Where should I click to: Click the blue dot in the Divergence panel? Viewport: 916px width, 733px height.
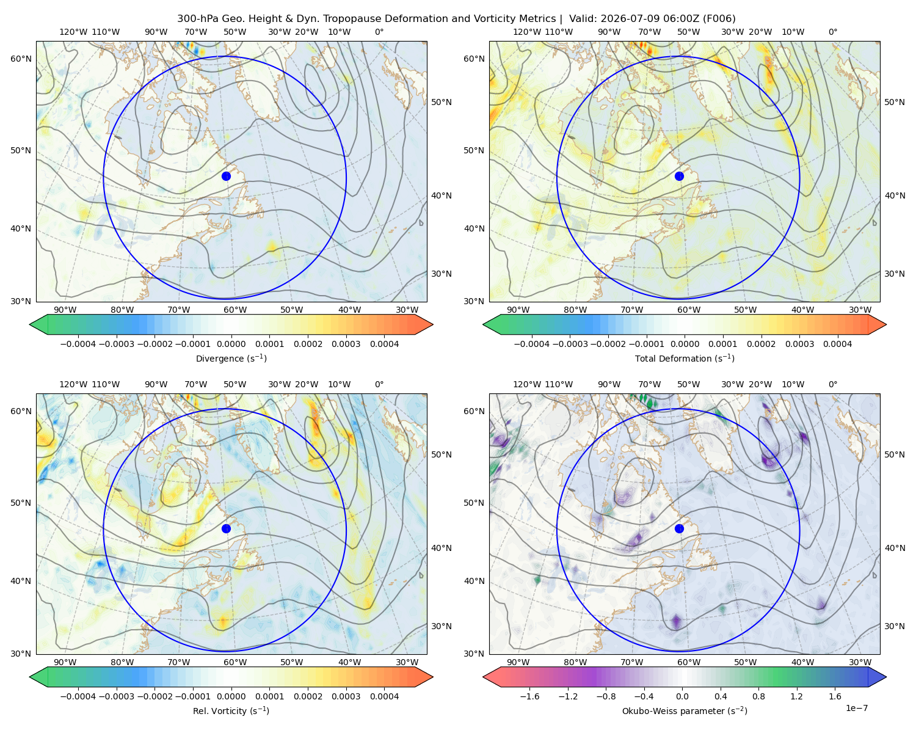pyautogui.click(x=226, y=176)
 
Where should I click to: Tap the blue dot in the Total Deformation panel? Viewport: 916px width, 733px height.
pyautogui.click(x=679, y=176)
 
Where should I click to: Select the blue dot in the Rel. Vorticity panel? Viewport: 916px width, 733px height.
pyautogui.click(x=226, y=528)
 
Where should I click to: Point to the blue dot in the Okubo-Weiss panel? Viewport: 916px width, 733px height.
pyautogui.click(x=679, y=528)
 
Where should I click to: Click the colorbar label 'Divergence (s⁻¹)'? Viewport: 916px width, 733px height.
pyautogui.click(x=231, y=358)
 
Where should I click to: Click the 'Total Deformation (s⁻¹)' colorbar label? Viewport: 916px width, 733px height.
pyautogui.click(x=685, y=358)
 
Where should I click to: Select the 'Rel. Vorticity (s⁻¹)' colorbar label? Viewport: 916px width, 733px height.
pyautogui.click(x=231, y=710)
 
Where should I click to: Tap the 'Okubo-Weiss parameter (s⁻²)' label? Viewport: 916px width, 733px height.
pyautogui.click(x=685, y=710)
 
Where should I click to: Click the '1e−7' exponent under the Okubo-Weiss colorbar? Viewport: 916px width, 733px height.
pyautogui.click(x=856, y=708)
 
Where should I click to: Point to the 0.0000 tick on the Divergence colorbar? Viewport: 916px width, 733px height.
pyautogui.click(x=231, y=344)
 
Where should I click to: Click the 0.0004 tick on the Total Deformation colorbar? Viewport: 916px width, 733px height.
pyautogui.click(x=837, y=344)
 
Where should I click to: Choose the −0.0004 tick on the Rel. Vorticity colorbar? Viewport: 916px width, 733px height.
pyautogui.click(x=78, y=696)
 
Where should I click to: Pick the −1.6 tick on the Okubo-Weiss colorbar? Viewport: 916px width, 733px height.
pyautogui.click(x=529, y=696)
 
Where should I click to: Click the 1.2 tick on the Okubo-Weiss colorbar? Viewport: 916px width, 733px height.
pyautogui.click(x=796, y=696)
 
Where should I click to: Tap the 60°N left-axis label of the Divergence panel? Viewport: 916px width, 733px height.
pyautogui.click(x=21, y=59)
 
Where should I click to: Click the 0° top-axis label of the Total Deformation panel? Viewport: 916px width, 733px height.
pyautogui.click(x=832, y=32)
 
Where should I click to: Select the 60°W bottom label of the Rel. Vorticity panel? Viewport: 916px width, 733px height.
pyautogui.click(x=235, y=662)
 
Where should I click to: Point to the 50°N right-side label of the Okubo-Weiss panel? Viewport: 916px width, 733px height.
pyautogui.click(x=894, y=454)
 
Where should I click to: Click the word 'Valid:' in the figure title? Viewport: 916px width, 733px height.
pyautogui.click(x=583, y=18)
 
